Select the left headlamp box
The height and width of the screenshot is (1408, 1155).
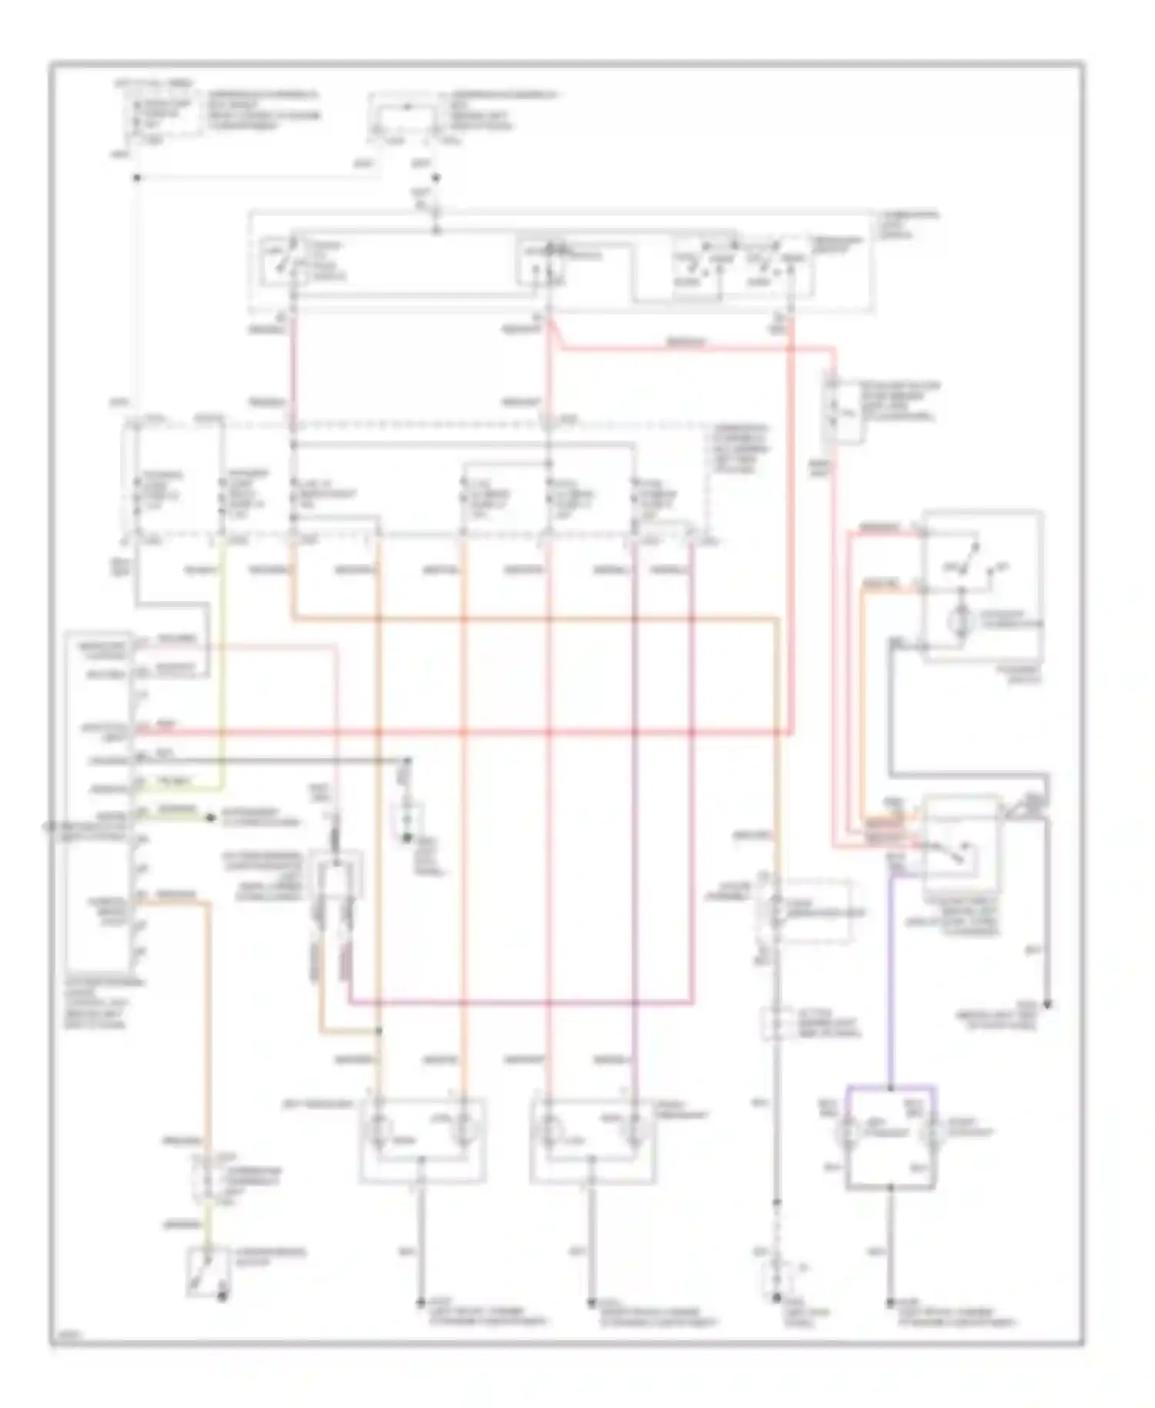[422, 1141]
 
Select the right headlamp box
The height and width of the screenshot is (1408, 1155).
[593, 1141]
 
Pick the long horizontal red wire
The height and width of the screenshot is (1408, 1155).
[462, 731]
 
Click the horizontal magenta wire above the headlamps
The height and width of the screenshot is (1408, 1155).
[524, 1004]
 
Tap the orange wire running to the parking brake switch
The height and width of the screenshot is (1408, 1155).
[206, 1024]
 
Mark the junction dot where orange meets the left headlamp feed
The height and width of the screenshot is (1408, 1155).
[380, 1031]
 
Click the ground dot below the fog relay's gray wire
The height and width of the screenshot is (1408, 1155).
[1048, 1005]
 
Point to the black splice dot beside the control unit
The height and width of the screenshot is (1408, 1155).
[209, 816]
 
